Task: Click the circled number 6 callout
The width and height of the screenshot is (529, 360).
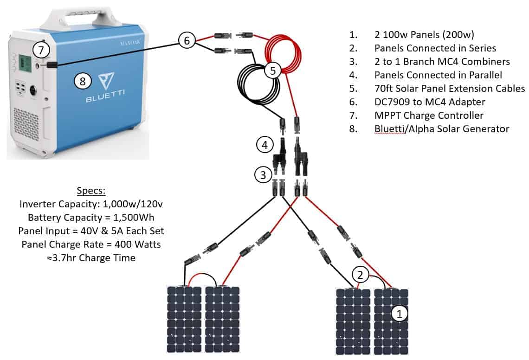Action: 187,40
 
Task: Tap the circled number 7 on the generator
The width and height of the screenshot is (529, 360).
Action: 41,50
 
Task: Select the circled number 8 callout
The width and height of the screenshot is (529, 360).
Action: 83,81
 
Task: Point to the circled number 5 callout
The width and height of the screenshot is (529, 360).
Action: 272,70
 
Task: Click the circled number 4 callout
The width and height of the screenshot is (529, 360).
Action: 265,145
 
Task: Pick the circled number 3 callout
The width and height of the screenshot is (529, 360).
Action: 263,175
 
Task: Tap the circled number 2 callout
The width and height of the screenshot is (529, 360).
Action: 360,275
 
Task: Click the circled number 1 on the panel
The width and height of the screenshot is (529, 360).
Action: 400,314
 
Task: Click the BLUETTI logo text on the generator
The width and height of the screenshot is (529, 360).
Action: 105,96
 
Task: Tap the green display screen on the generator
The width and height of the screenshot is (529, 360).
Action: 25,63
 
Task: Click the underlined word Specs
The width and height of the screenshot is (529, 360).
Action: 91,191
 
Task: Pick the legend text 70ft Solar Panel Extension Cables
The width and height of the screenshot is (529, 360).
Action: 450,89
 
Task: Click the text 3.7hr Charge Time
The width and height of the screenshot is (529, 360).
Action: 94,258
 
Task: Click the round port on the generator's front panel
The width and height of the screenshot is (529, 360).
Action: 34,90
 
